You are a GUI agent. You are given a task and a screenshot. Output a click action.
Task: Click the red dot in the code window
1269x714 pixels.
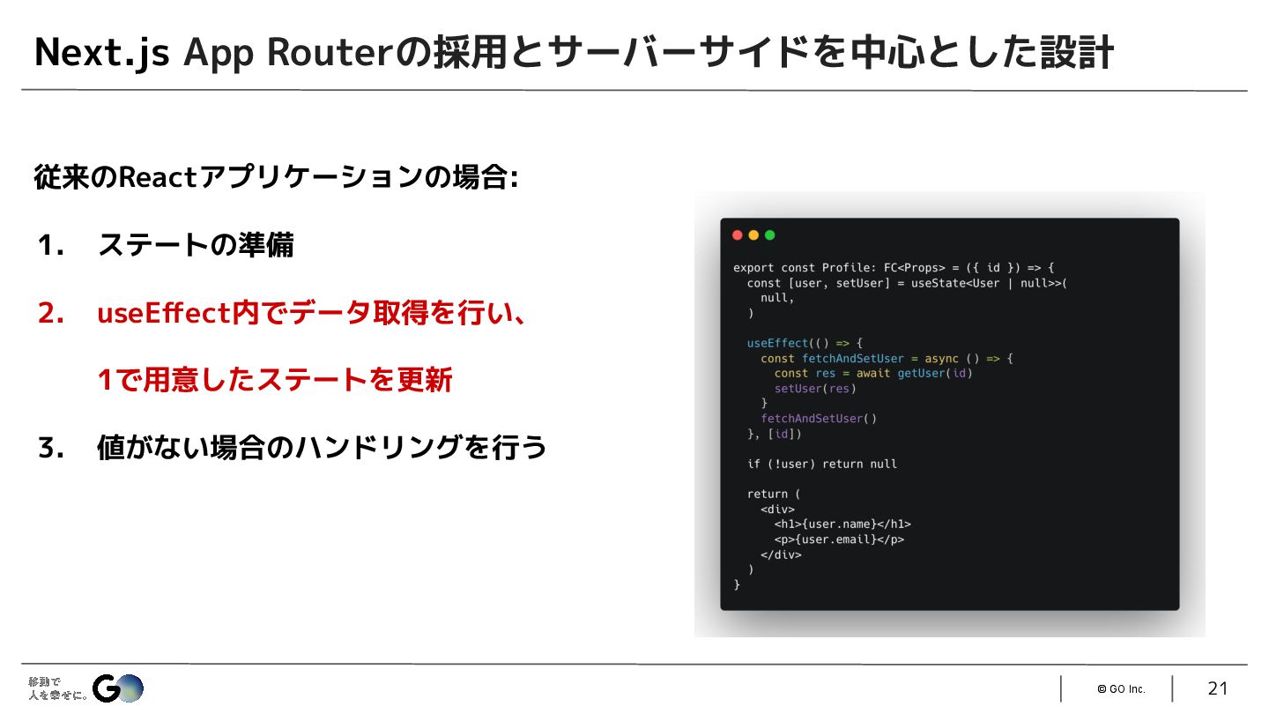pyautogui.click(x=738, y=235)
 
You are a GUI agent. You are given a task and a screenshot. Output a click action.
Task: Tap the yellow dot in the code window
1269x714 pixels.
pyautogui.click(x=753, y=235)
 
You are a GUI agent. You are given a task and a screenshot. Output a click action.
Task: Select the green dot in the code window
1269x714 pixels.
pyautogui.click(x=769, y=235)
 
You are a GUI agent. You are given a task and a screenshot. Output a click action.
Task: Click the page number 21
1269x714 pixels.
pyautogui.click(x=1217, y=688)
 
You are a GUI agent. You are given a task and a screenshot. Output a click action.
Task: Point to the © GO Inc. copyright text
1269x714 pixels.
pyautogui.click(x=1121, y=689)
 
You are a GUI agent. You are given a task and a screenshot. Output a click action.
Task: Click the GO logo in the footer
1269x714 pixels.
pyautogui.click(x=118, y=688)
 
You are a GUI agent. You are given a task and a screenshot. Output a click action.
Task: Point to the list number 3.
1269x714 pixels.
pyautogui.click(x=50, y=449)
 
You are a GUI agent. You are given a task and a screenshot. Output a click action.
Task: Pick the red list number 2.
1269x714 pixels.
pyautogui.click(x=50, y=313)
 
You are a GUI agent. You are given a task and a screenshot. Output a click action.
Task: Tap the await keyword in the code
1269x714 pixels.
pyautogui.click(x=873, y=373)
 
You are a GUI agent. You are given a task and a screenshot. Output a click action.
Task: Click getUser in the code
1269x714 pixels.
pyautogui.click(x=922, y=373)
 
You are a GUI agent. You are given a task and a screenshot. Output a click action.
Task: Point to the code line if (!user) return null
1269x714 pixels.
pyautogui.click(x=821, y=464)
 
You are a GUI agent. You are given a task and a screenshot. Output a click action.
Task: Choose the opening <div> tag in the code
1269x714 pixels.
pyautogui.click(x=777, y=509)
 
